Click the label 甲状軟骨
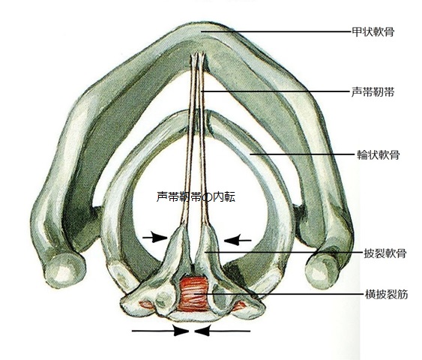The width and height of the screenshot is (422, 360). [x=373, y=31]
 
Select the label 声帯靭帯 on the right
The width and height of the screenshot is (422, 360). [x=373, y=92]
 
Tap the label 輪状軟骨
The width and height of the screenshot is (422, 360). [x=378, y=154]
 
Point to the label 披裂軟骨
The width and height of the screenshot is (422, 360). [x=385, y=253]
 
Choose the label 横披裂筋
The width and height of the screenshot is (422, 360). [x=386, y=294]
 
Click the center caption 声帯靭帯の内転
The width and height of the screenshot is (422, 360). [x=196, y=196]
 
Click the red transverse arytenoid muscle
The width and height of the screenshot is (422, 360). [x=193, y=294]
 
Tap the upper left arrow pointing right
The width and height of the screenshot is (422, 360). [x=154, y=237]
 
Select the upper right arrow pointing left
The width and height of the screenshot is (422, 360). [x=238, y=239]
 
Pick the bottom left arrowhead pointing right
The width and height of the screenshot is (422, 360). [x=181, y=331]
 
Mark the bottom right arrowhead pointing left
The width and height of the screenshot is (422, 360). [x=202, y=331]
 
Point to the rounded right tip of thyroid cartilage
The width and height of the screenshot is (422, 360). [x=322, y=271]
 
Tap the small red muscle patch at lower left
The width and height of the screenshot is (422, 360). [x=147, y=304]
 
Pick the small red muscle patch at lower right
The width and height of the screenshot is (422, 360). [x=239, y=304]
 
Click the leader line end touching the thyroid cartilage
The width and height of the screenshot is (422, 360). [x=202, y=31]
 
